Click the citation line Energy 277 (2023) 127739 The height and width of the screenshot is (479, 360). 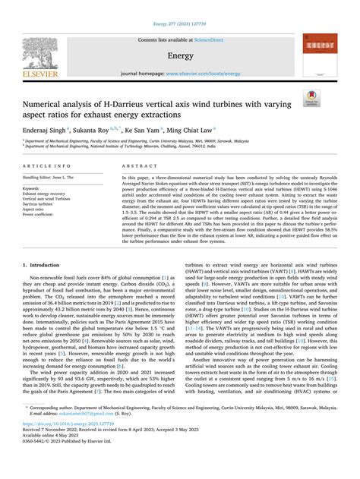pos(180,6)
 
